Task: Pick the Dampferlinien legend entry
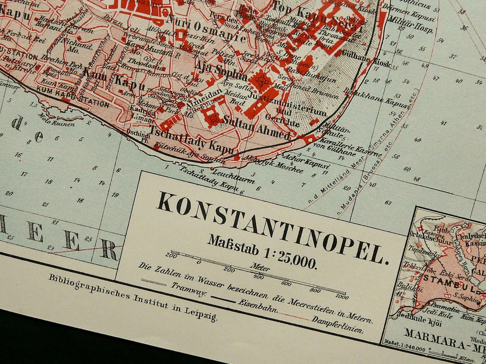[x=337, y=324]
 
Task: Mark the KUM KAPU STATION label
[x=73, y=96]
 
